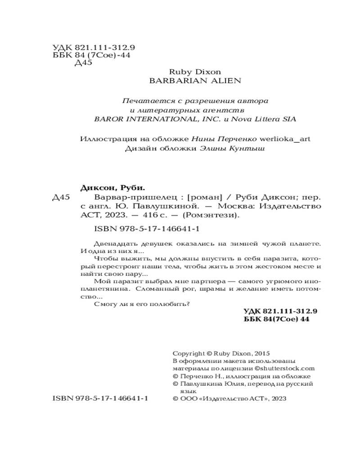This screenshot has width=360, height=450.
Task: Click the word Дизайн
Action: [138, 149]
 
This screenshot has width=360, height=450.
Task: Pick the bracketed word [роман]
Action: [205, 198]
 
